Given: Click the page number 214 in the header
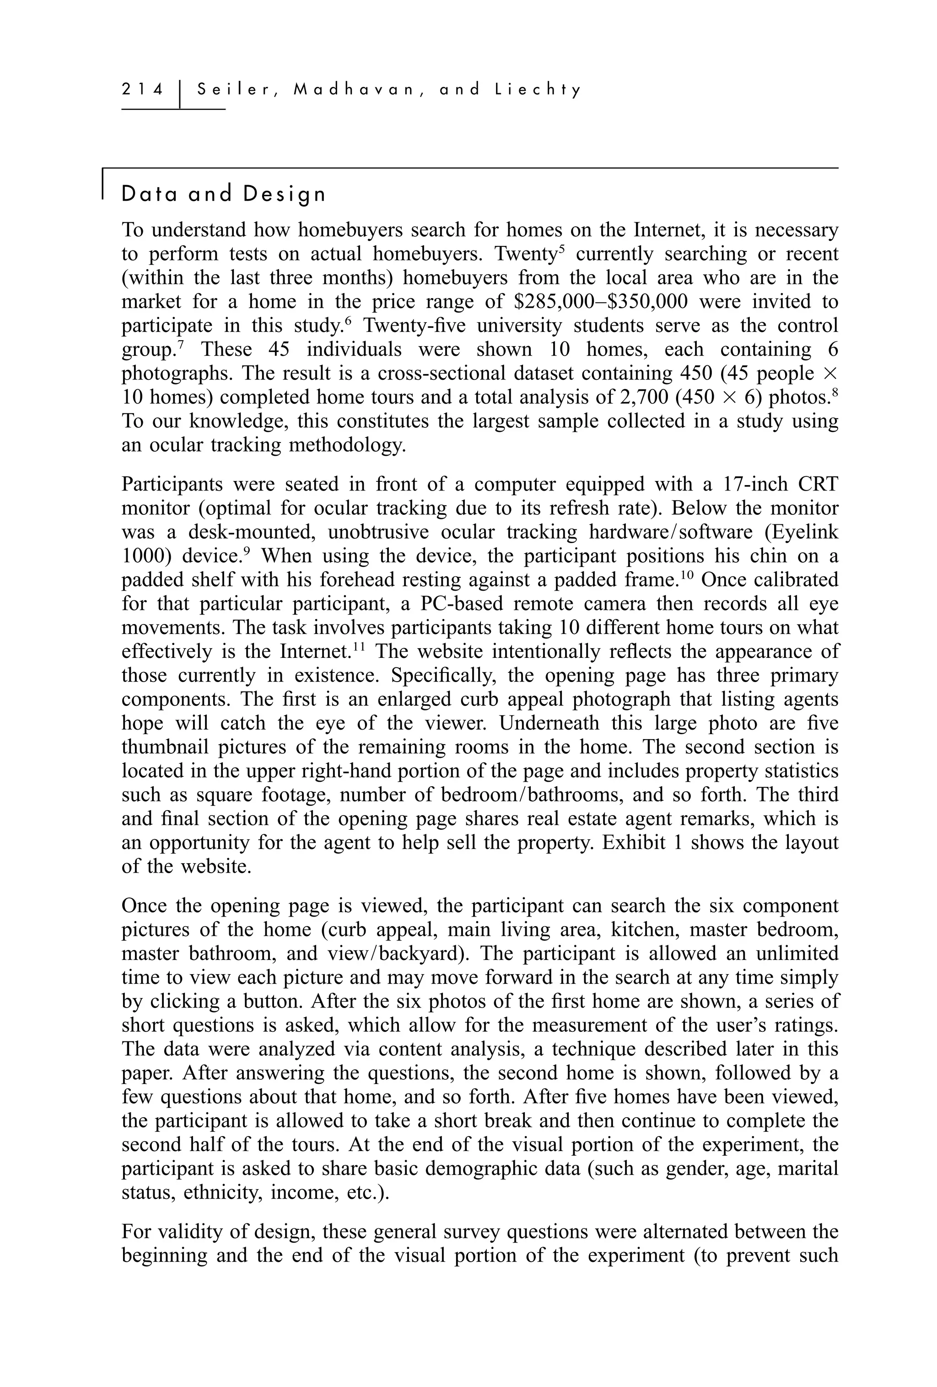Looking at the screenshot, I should (142, 90).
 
